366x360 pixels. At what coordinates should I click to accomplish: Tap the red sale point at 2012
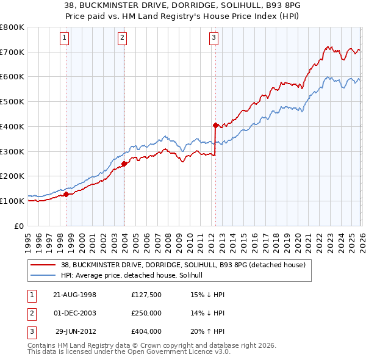point(215,125)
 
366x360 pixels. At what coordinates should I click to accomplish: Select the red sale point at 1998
point(66,195)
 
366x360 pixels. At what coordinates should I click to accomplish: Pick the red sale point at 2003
point(124,164)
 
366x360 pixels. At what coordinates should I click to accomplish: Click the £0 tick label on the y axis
point(18,226)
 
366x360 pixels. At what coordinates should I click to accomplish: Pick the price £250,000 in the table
point(146,313)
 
